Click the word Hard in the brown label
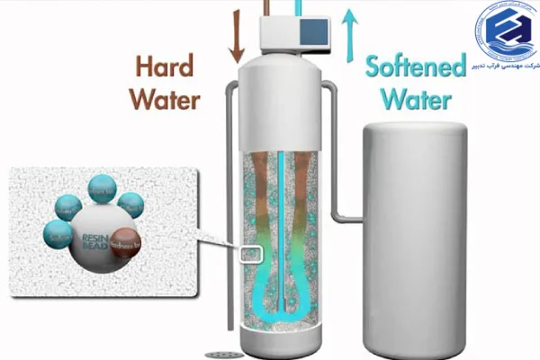(167, 67)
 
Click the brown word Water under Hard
(164, 98)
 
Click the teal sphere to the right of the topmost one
(130, 204)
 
